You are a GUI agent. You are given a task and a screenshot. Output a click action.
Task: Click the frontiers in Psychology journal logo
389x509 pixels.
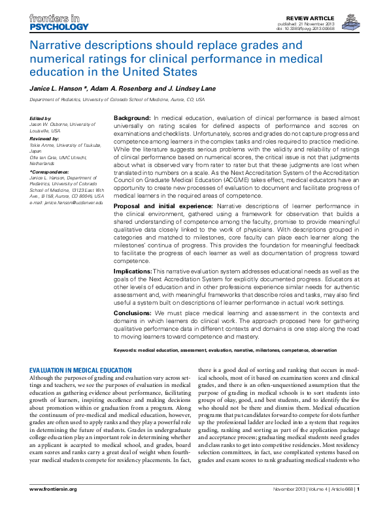click(x=58, y=22)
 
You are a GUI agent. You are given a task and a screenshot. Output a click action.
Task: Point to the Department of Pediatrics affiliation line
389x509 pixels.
click(x=117, y=100)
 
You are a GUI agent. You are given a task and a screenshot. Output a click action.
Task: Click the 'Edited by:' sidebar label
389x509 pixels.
click(x=41, y=117)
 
